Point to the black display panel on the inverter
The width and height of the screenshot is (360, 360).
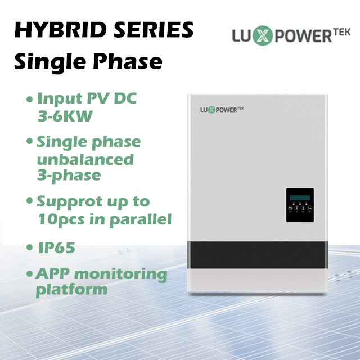click(300, 204)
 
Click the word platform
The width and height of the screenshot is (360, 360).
click(71, 290)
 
